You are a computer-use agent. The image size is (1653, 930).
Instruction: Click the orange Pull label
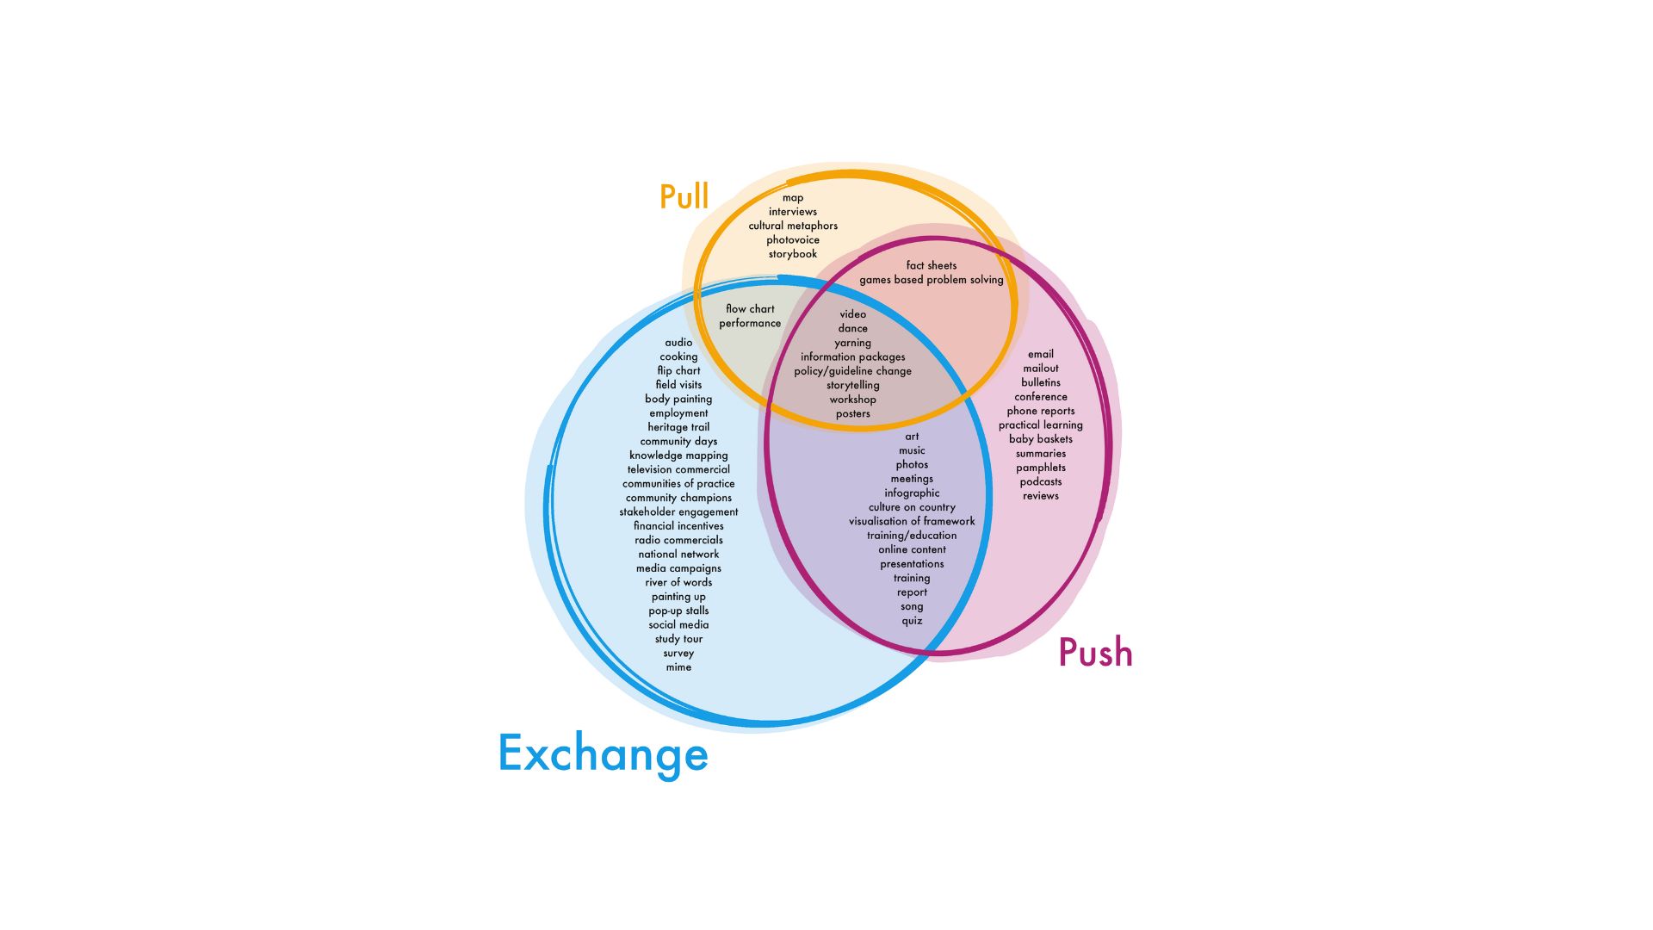[684, 197]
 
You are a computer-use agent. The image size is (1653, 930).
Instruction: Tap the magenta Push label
[1095, 653]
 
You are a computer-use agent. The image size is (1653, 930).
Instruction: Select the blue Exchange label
[603, 753]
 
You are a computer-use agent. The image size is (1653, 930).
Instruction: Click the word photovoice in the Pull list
[793, 240]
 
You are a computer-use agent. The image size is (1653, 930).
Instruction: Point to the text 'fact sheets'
[931, 265]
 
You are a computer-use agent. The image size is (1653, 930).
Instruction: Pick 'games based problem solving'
[931, 280]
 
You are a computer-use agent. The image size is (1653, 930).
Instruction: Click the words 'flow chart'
[750, 309]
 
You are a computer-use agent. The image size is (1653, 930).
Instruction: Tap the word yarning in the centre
[852, 343]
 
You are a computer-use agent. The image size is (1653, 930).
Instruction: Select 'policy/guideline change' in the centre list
[852, 371]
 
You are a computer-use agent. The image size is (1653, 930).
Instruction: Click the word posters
[852, 414]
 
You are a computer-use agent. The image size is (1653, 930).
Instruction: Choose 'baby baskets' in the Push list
[1040, 439]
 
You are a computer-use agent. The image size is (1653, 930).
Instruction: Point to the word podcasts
[1040, 482]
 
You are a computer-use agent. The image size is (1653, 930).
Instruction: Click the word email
[1040, 354]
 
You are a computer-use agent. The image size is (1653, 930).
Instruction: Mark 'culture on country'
[912, 507]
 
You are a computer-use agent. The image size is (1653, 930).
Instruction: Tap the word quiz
[912, 621]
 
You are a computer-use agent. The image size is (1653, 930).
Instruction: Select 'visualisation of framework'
[912, 521]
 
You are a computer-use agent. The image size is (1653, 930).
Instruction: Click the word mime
[678, 667]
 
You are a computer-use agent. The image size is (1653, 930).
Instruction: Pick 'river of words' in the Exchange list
[678, 582]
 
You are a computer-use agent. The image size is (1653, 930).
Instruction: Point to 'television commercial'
[678, 469]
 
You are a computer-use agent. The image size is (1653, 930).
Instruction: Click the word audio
[678, 343]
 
